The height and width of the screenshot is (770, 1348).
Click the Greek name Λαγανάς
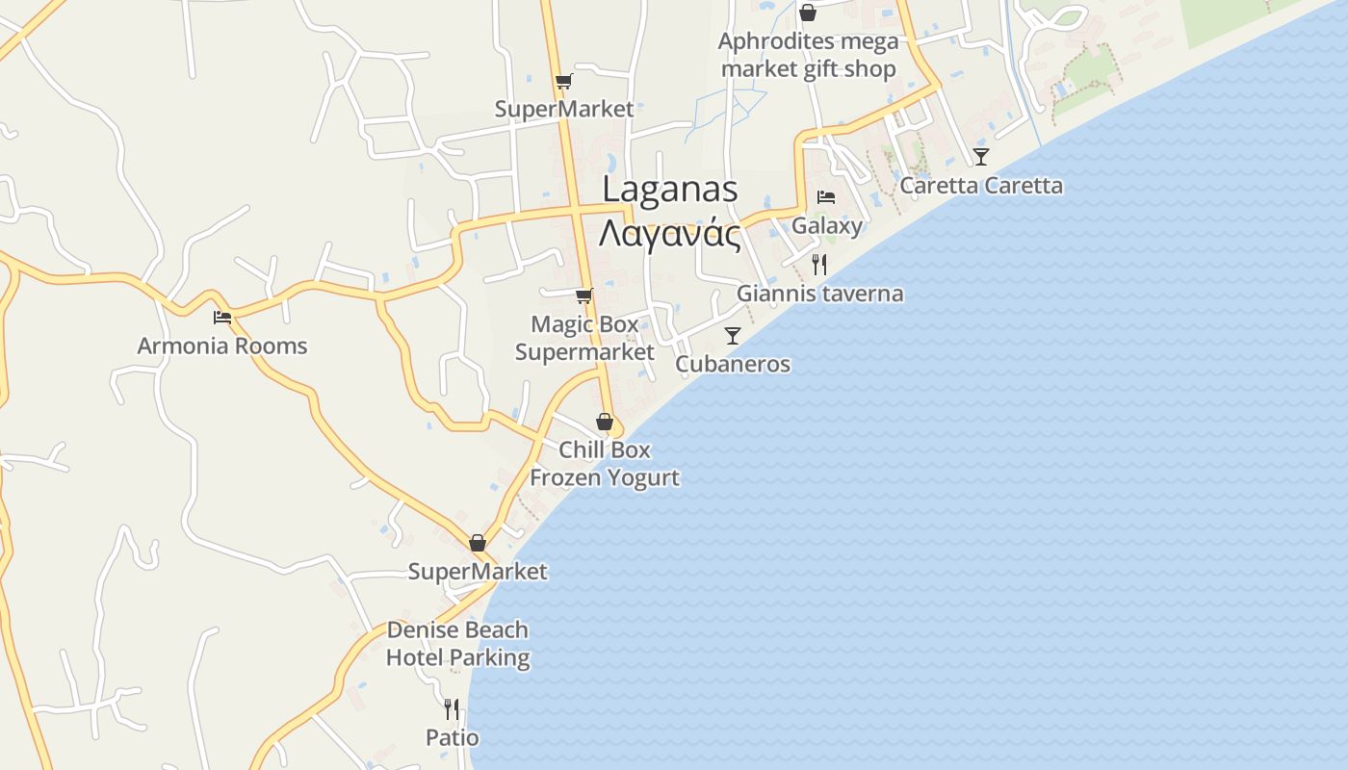tap(670, 234)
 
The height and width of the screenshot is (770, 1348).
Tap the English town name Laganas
tap(670, 190)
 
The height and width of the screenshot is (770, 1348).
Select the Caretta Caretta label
tap(981, 186)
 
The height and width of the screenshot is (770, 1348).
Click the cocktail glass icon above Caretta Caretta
tap(980, 156)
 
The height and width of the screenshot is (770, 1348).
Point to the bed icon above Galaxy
tap(825, 197)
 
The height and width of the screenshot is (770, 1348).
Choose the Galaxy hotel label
tap(827, 225)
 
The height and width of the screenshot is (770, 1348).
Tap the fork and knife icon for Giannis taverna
tap(819, 264)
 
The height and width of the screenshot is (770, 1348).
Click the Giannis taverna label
tap(819, 294)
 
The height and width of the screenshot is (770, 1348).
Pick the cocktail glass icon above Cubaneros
tap(733, 335)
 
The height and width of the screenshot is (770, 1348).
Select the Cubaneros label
tap(733, 364)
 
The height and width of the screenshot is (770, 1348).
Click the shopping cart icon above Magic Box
tap(583, 295)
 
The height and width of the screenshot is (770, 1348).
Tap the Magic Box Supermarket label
tap(584, 338)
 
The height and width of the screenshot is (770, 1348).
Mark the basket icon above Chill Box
tap(605, 422)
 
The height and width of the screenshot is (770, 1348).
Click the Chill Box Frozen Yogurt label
tap(605, 463)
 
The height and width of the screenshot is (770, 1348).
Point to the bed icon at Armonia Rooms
tap(222, 317)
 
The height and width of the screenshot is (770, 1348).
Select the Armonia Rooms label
tap(222, 346)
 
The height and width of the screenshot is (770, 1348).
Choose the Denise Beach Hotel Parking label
tap(457, 644)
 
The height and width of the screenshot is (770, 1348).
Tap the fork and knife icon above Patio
tap(452, 709)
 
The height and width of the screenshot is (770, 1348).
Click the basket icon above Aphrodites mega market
tap(807, 13)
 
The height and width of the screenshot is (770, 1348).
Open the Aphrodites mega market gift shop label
tap(808, 55)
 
